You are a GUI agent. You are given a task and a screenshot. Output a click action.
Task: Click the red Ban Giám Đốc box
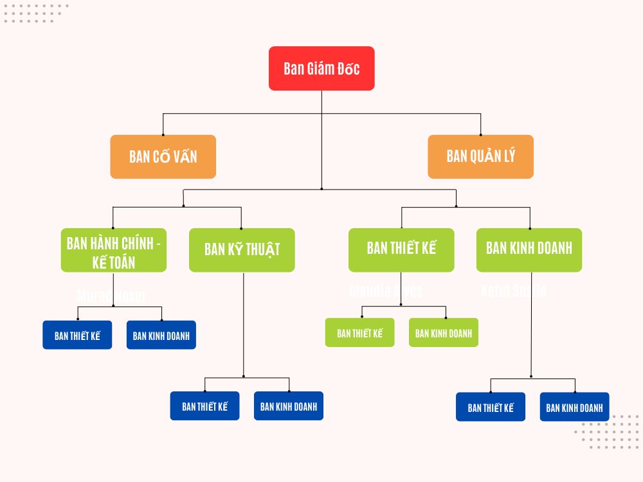(321, 68)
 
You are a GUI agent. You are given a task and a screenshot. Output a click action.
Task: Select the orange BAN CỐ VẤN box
(163, 156)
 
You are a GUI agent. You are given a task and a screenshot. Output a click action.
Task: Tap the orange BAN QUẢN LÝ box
(480, 156)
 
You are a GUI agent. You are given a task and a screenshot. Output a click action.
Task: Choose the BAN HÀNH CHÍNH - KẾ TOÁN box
(114, 250)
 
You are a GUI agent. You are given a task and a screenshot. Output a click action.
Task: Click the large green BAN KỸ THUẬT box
(242, 250)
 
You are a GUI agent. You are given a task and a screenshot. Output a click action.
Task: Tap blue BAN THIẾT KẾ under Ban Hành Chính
(77, 335)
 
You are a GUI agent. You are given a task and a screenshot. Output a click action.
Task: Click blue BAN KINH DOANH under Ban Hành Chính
(161, 335)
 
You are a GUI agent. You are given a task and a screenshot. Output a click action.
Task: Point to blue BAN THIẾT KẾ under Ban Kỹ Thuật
(204, 406)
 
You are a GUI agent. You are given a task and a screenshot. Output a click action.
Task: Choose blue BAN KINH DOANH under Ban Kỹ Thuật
(289, 406)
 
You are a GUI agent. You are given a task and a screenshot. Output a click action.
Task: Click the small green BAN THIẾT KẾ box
(359, 333)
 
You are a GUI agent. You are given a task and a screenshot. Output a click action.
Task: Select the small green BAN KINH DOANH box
(444, 333)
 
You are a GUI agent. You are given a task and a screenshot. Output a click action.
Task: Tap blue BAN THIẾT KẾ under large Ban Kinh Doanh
(491, 407)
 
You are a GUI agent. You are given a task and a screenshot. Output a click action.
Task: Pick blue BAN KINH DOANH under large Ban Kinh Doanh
(574, 407)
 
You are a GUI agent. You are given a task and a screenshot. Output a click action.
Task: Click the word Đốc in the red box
(347, 69)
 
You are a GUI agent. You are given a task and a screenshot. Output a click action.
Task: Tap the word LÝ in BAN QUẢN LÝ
(508, 156)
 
